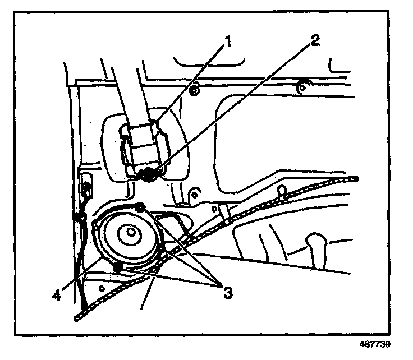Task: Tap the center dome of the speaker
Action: pos(131,231)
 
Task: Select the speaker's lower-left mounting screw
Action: pos(118,267)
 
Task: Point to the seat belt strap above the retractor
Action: pos(126,90)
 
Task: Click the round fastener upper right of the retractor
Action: pos(194,89)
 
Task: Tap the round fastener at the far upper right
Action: pos(301,87)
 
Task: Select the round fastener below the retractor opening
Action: pos(194,194)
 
